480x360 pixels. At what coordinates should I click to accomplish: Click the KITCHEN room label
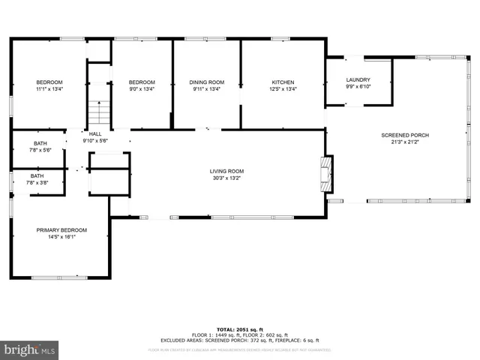[x=283, y=82]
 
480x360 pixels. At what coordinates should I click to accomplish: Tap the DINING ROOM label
[x=206, y=82]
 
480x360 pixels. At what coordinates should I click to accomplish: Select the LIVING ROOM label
[x=226, y=172]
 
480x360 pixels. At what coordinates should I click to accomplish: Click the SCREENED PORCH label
[x=405, y=135]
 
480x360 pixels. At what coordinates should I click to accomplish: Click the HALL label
[x=95, y=133]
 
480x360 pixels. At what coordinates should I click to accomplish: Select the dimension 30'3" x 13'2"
[x=226, y=178]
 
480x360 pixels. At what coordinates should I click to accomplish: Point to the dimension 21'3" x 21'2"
[x=405, y=142]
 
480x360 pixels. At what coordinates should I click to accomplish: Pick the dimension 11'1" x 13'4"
[x=49, y=88]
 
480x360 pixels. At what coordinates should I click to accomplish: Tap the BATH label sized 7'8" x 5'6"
[x=39, y=143]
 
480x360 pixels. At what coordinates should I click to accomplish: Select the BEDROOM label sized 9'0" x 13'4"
[x=142, y=82]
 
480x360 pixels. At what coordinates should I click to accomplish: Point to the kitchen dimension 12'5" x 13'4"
[x=283, y=88]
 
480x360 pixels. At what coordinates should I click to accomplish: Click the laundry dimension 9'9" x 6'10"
[x=358, y=85]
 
